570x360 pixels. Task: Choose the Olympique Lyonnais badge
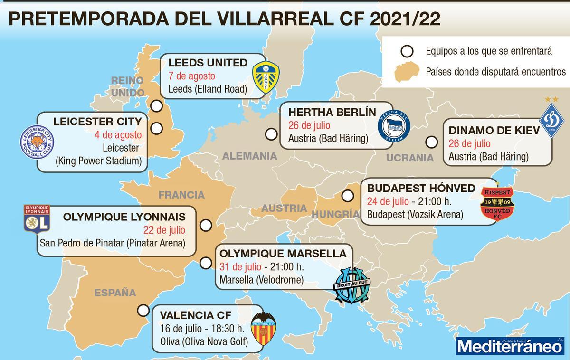tap(37, 219)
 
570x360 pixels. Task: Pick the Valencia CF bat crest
tap(263, 329)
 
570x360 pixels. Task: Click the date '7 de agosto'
tap(192, 76)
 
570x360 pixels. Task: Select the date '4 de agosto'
tap(118, 134)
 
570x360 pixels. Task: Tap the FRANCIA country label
tap(181, 195)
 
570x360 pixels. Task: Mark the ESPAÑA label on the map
tap(115, 293)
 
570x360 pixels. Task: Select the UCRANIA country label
tap(410, 158)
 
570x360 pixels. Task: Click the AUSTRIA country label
tap(285, 208)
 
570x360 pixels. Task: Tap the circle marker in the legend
tap(407, 50)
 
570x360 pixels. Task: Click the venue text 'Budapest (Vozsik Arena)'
tap(415, 214)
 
